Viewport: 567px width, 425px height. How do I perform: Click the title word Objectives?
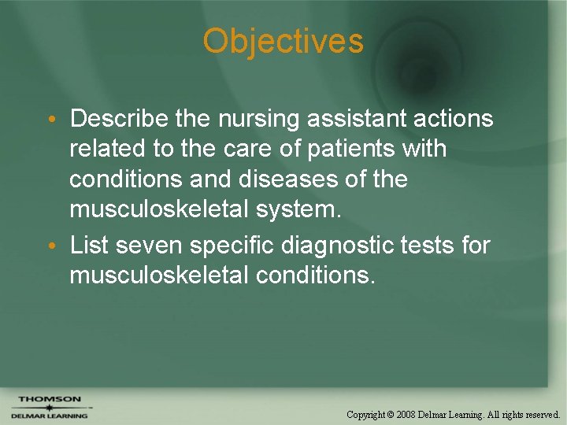click(x=283, y=41)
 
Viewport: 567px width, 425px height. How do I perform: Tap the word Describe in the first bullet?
click(x=119, y=119)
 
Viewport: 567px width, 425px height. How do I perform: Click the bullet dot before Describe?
click(x=50, y=120)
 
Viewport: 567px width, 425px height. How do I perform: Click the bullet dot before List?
click(x=50, y=246)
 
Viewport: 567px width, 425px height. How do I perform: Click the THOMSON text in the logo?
click(x=49, y=399)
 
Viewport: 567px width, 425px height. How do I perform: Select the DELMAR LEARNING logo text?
click(x=49, y=416)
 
